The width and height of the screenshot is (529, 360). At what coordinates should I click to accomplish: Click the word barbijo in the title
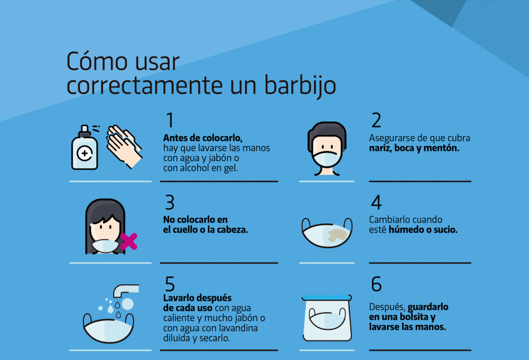[x=300, y=85]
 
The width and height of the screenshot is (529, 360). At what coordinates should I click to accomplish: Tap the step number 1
[x=170, y=120]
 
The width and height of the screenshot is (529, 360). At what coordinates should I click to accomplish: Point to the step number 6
[x=376, y=284]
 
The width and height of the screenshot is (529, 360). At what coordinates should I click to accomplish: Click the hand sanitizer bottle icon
[x=85, y=148]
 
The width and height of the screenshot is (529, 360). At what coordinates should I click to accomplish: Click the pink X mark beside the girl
[x=129, y=241]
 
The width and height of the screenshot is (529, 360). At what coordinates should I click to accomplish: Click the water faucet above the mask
[x=125, y=290]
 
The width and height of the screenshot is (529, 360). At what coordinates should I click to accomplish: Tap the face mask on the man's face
[x=326, y=159]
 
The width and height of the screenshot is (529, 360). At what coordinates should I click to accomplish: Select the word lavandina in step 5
[x=238, y=328]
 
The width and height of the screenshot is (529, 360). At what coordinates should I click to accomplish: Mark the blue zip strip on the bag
[x=326, y=298]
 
